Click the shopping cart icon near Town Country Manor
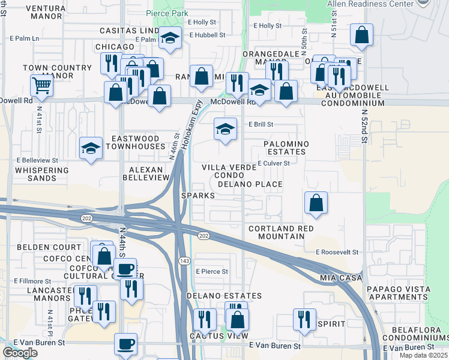point(41,85)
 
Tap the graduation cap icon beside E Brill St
point(224,130)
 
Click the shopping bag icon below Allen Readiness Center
point(361,36)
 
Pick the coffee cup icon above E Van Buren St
point(126,344)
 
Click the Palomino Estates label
point(286,148)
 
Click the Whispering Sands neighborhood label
point(42,174)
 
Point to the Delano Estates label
point(224,296)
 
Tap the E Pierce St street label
point(212,272)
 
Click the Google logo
point(20,352)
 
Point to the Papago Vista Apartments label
point(399,293)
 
